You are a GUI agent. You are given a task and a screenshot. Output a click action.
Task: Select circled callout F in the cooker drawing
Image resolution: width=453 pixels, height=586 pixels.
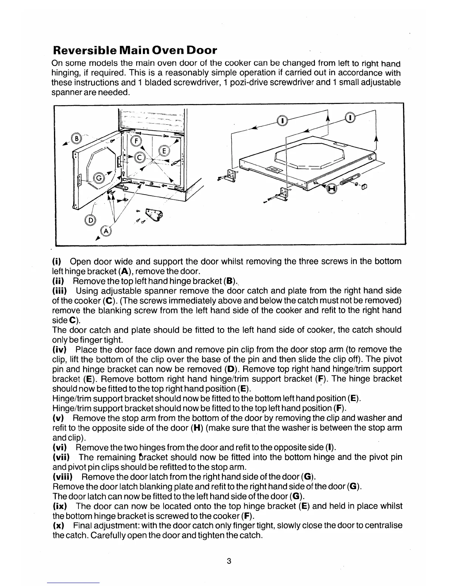click(137, 141)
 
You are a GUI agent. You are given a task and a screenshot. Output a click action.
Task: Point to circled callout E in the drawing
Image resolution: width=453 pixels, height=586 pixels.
click(163, 151)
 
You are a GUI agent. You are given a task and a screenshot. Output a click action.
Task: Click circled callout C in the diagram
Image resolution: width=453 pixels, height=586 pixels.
click(140, 158)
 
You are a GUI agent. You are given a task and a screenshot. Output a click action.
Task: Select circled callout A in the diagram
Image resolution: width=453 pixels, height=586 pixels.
click(106, 231)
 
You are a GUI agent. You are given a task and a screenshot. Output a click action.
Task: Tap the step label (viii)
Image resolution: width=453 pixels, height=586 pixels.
click(62, 476)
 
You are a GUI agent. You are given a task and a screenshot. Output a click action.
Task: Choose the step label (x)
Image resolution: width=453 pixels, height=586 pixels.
click(58, 525)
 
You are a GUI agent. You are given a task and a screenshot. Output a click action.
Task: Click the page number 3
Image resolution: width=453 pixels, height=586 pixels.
click(229, 561)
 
